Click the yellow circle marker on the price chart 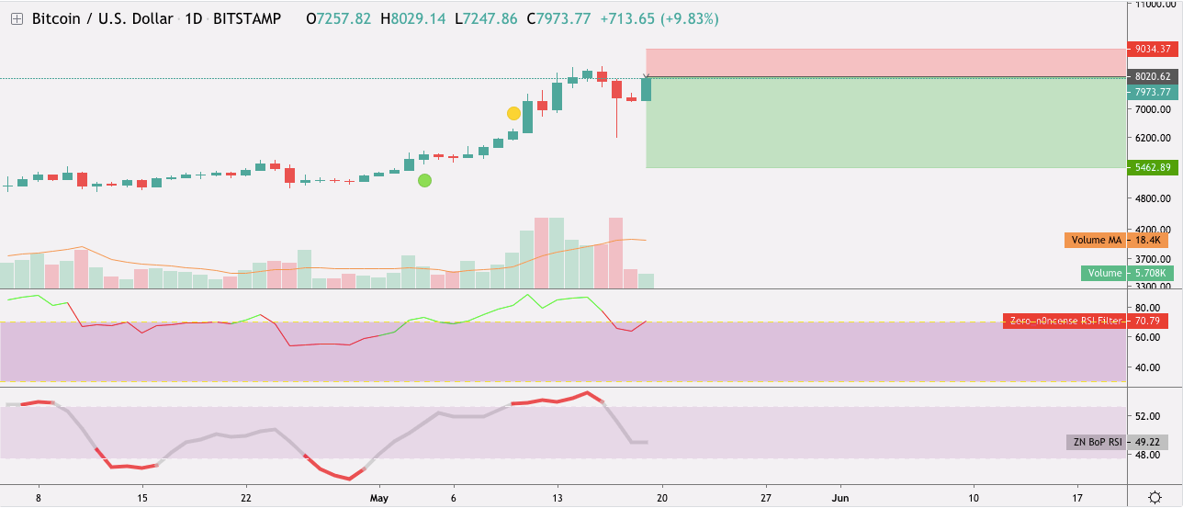point(513,113)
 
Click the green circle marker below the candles point(424,180)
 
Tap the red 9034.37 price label point(1153,50)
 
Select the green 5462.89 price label point(1153,167)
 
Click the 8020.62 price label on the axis point(1153,77)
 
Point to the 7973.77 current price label point(1153,92)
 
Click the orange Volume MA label point(1096,241)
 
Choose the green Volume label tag point(1104,273)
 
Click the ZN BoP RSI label point(1097,442)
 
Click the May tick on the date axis point(379,497)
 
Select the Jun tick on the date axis point(839,497)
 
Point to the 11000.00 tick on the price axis point(1155,6)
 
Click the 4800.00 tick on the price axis point(1155,198)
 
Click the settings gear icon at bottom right point(1155,497)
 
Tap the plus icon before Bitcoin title point(17,18)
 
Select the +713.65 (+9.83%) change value point(659,18)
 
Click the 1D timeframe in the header point(193,18)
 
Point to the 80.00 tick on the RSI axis point(1152,308)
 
